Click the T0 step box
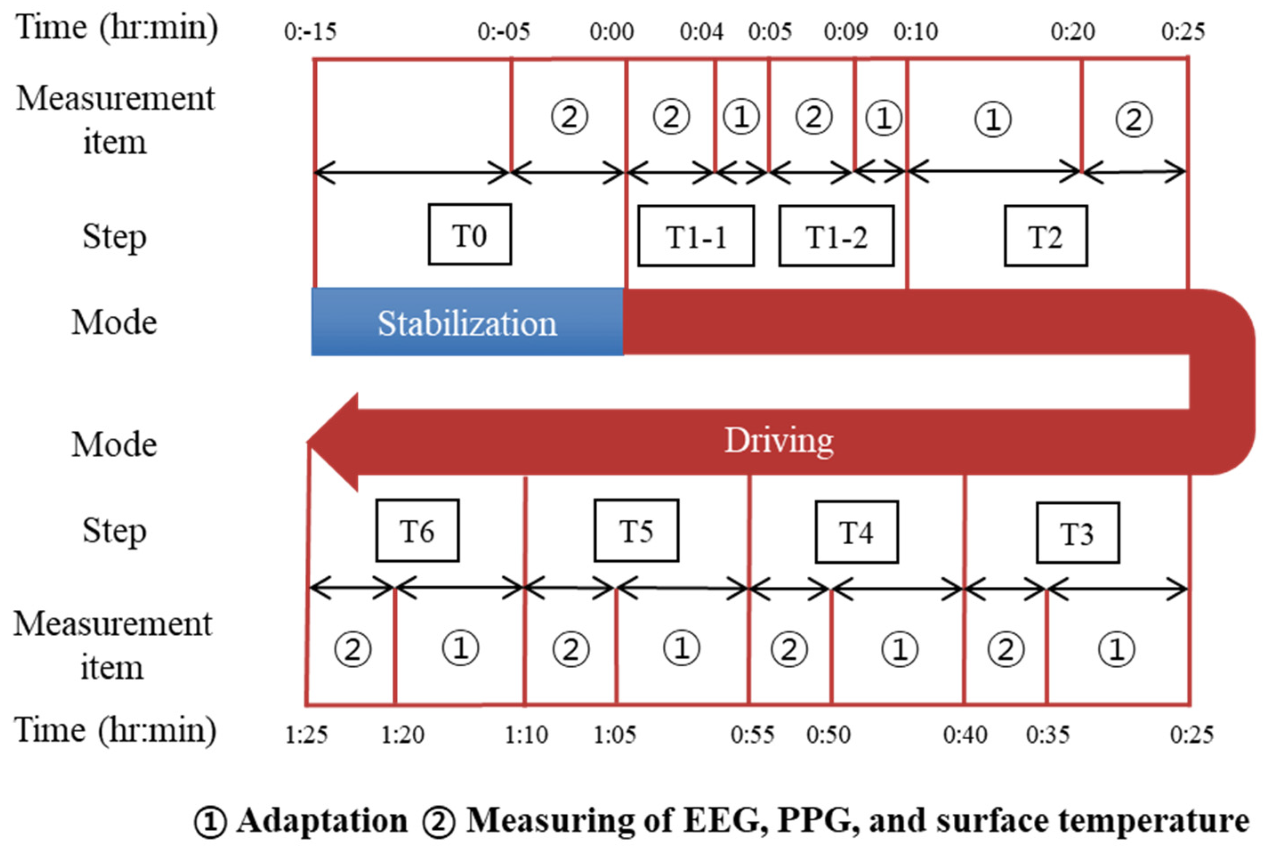tap(469, 235)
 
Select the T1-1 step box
tap(696, 236)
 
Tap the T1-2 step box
tap(836, 236)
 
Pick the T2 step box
tap(1045, 236)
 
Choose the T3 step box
tap(1077, 533)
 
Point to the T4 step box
tap(856, 532)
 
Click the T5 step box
tap(636, 530)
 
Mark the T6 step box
tap(417, 530)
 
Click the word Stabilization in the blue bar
tap(467, 324)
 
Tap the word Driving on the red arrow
tap(778, 440)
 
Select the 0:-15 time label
tap(310, 32)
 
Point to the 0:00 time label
tap(611, 32)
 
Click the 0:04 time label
tap(702, 32)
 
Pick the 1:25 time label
tap(306, 735)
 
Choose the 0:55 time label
tap(752, 735)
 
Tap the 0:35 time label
tap(1048, 735)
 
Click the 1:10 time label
tap(526, 735)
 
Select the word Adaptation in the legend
tap(322, 820)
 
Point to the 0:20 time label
tap(1072, 32)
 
